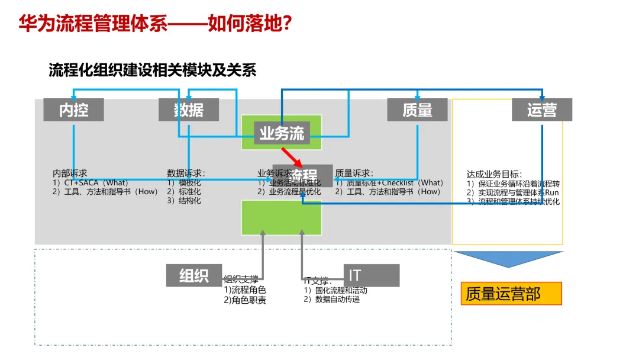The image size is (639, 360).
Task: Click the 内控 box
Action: pos(73,110)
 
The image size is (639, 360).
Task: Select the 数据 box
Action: pos(189,110)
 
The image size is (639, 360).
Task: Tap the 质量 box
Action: pos(417,110)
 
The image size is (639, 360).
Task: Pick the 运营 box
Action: pos(541,110)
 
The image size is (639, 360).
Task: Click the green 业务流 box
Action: pos(282,133)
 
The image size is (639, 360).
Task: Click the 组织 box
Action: pos(194,275)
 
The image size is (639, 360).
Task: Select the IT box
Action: pos(371,275)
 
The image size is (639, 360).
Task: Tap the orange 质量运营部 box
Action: pos(511,294)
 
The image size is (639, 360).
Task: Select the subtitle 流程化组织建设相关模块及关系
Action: pos(152,70)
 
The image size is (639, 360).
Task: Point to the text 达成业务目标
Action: pos(494,174)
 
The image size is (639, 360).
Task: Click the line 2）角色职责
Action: pos(245,300)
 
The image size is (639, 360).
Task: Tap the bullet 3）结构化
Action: pos(184,201)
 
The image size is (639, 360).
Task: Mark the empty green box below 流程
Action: pos(282,217)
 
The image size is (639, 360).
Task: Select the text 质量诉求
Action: pos(354,173)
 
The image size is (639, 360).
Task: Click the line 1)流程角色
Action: pos(245,290)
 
